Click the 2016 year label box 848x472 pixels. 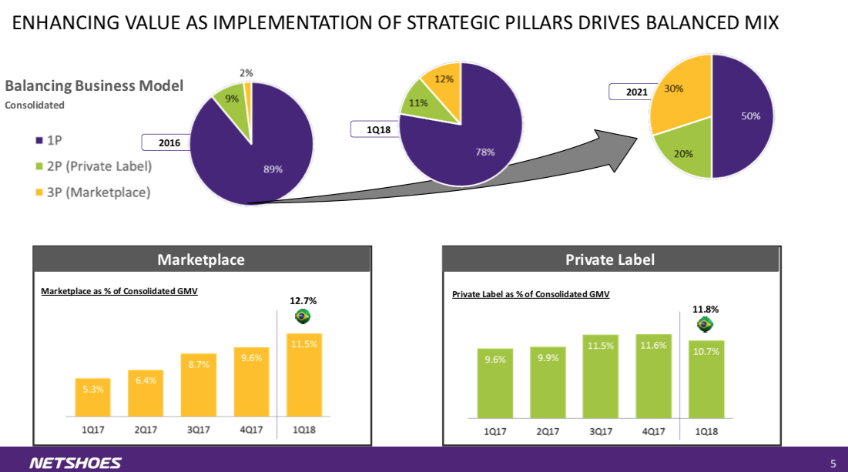tap(169, 142)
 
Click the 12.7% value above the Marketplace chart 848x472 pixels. tap(303, 300)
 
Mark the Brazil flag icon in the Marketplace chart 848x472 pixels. tap(303, 316)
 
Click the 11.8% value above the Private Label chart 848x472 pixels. tap(706, 309)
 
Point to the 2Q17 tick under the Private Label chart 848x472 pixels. tap(548, 431)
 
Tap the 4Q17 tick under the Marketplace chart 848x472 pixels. tap(250, 430)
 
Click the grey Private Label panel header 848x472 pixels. tap(611, 259)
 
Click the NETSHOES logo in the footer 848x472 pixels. tap(75, 463)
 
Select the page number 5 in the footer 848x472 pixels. tap(833, 463)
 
